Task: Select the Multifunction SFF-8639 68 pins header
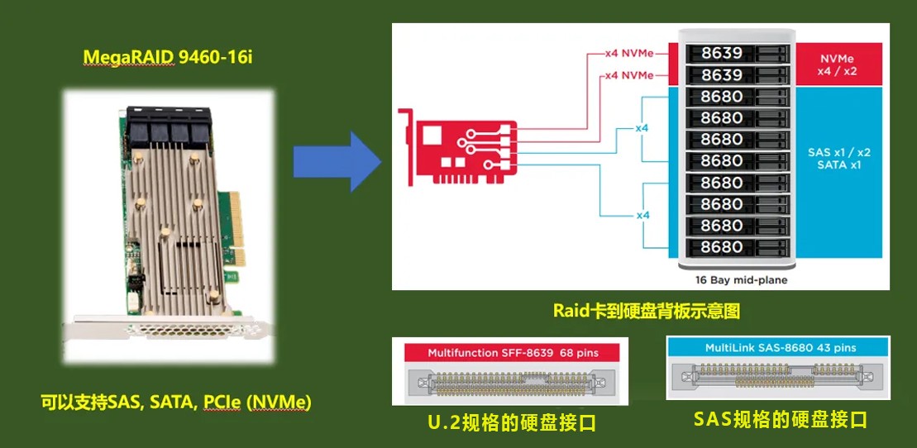click(513, 353)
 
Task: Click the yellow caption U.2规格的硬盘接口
click(513, 424)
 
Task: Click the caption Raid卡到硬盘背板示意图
click(646, 312)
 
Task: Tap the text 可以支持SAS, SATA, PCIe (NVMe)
click(176, 403)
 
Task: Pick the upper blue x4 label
click(642, 129)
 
